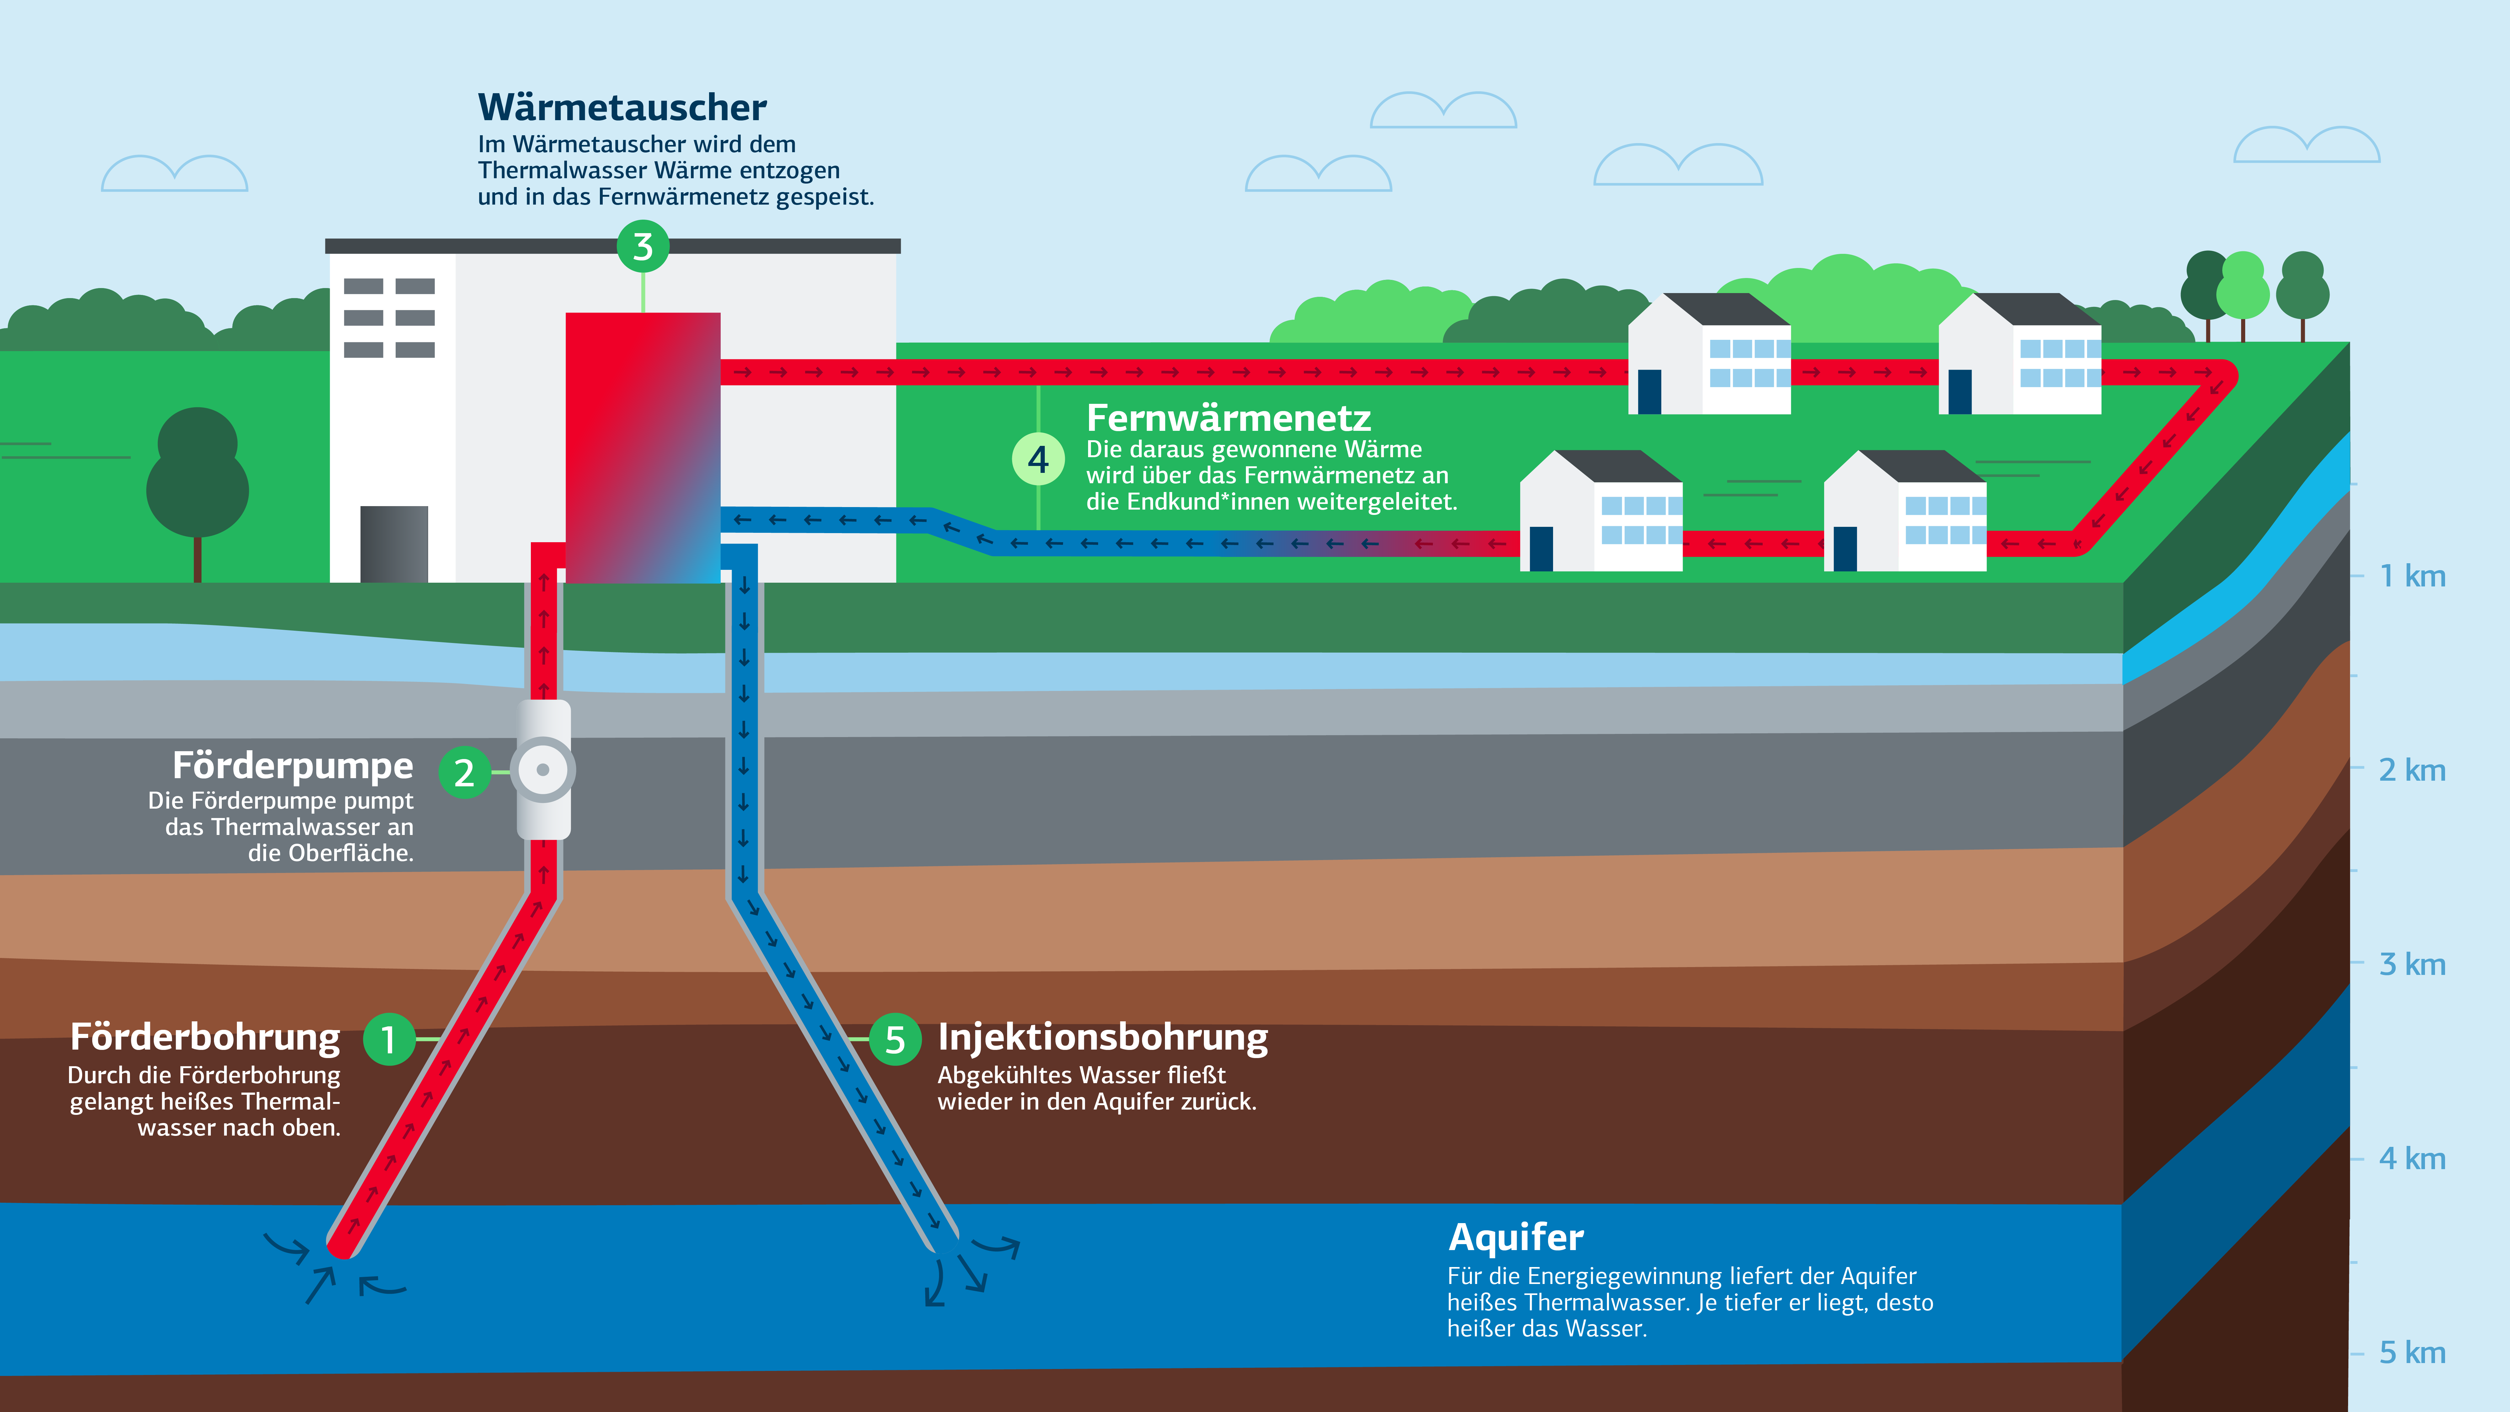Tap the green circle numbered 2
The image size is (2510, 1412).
[465, 772]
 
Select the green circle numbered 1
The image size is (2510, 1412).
[389, 1040]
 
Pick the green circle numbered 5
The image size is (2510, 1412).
[895, 1040]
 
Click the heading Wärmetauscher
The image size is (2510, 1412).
[622, 107]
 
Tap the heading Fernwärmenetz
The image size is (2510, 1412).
[1228, 418]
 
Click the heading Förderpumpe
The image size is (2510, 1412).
[292, 766]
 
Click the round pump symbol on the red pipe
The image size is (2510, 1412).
[543, 770]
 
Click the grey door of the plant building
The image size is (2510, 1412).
[394, 544]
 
